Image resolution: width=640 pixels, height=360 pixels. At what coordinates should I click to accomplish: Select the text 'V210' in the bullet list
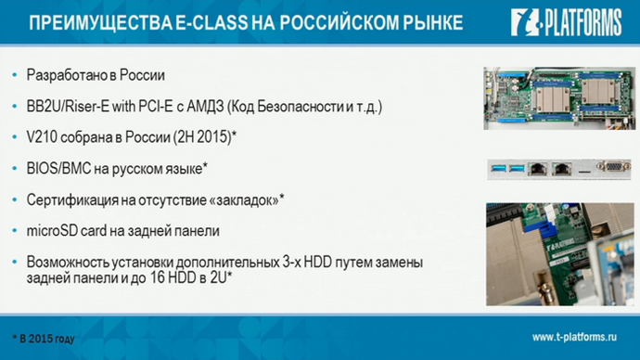pyautogui.click(x=41, y=137)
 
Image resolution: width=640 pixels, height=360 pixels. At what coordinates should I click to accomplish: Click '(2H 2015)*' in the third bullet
pyautogui.click(x=203, y=137)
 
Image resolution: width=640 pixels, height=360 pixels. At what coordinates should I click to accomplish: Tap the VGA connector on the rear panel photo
pyautogui.click(x=611, y=169)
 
